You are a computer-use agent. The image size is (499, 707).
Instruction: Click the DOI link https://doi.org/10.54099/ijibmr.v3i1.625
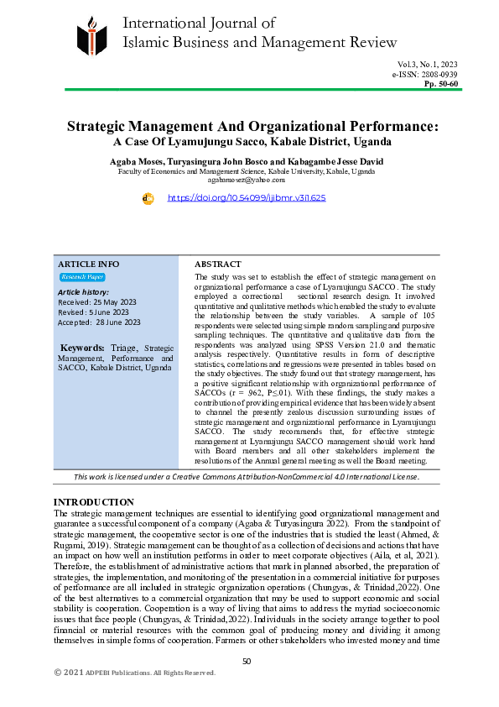247,198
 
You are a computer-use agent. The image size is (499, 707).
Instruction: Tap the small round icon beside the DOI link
148,198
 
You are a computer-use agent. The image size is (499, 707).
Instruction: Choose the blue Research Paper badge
81,276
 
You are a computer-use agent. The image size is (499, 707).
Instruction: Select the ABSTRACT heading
217,264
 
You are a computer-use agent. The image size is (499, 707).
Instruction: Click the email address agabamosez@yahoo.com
247,179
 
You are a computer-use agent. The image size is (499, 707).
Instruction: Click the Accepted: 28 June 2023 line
99,322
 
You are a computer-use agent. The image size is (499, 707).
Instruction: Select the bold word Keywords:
84,347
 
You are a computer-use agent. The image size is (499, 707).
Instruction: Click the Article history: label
83,291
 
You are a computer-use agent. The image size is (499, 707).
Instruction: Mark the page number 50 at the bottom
247,661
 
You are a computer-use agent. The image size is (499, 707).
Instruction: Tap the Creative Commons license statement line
246,477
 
